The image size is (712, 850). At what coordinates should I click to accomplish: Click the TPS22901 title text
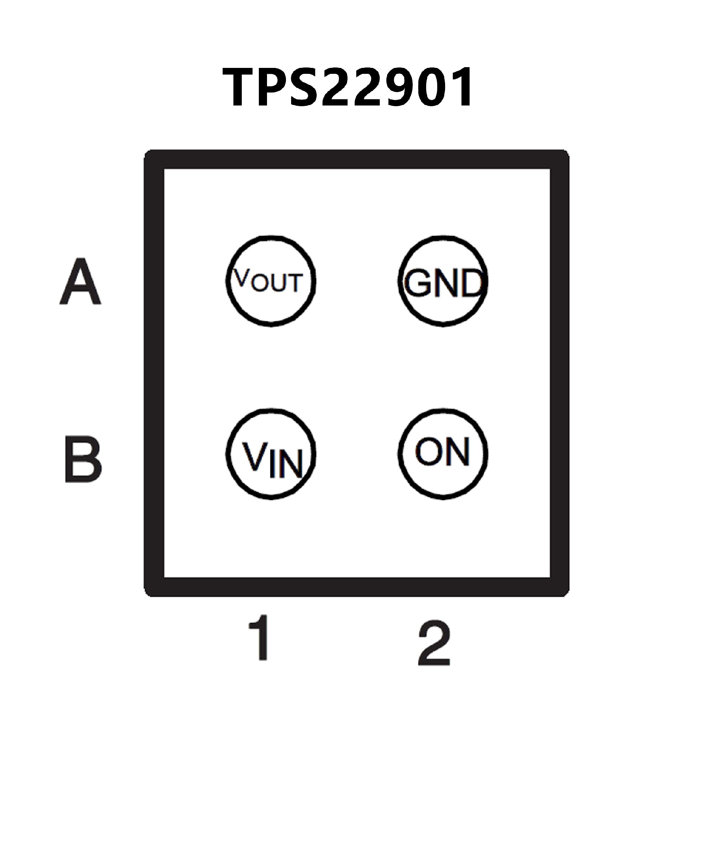348,87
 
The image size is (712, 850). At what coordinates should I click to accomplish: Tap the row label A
80,282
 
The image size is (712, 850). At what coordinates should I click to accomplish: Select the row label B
83,459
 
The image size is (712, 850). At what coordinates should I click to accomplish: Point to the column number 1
260,637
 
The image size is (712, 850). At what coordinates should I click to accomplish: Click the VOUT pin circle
271,281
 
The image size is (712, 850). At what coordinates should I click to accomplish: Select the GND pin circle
443,281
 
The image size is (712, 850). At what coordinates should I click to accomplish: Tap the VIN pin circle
271,454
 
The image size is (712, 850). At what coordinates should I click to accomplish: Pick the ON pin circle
443,454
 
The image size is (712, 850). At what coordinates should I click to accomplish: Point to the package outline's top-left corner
154,160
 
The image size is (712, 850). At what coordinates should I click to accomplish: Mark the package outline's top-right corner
560,160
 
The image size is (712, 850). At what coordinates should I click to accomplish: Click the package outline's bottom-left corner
154,587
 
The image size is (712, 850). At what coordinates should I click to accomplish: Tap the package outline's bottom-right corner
560,587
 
